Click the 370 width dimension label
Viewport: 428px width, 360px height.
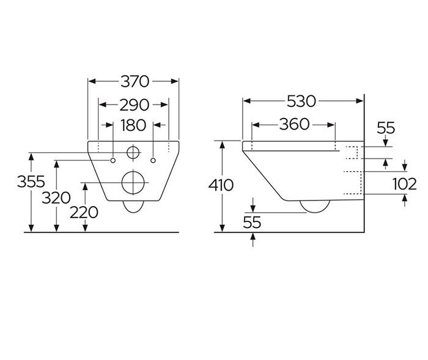click(134, 81)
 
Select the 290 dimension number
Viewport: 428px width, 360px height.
click(134, 104)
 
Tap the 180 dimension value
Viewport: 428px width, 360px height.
click(133, 125)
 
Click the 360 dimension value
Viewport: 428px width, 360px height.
click(294, 125)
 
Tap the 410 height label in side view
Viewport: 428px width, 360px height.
click(221, 185)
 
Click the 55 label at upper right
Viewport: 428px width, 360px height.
click(386, 128)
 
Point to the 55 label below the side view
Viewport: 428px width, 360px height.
click(252, 222)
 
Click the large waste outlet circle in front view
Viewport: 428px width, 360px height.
click(133, 182)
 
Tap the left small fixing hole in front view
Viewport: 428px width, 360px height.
click(113, 160)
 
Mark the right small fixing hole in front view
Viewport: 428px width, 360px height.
click(153, 160)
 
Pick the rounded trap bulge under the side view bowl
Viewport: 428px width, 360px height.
click(317, 207)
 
